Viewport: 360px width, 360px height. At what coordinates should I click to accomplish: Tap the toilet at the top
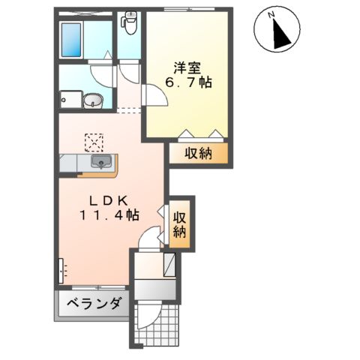[x=130, y=24]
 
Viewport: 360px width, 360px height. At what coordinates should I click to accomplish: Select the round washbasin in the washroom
[x=92, y=100]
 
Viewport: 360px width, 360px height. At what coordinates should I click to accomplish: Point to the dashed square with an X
[x=94, y=141]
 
